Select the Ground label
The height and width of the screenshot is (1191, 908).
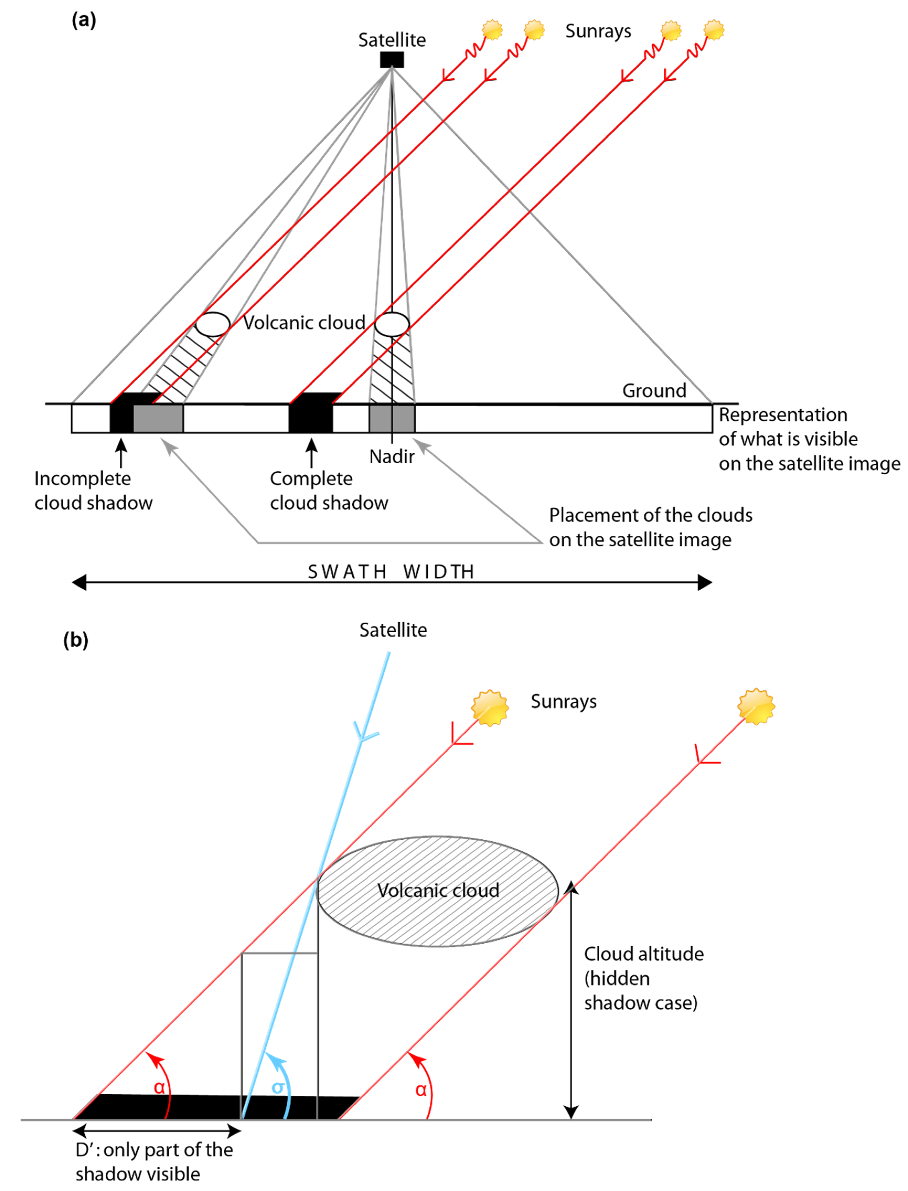(x=654, y=390)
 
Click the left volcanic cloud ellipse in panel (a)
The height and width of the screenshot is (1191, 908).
(x=212, y=324)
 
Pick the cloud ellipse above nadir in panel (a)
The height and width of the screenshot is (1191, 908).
(x=392, y=324)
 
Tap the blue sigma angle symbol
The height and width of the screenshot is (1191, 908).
(x=278, y=1087)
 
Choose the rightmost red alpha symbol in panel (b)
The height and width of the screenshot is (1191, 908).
(x=421, y=1089)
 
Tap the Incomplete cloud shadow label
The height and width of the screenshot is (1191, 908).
(x=93, y=490)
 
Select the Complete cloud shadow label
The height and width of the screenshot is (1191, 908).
(x=329, y=490)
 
